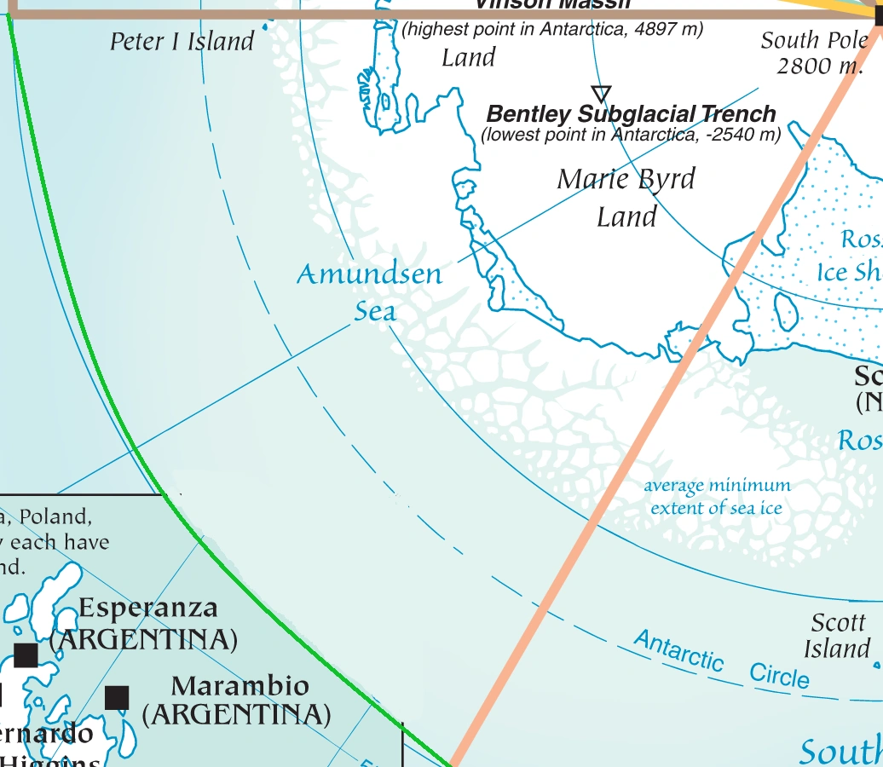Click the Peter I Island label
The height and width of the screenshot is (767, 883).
tap(182, 41)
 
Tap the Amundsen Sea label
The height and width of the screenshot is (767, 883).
tap(371, 291)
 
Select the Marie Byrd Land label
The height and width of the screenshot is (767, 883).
tap(626, 198)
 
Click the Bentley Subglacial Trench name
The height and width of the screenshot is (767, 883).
tap(631, 114)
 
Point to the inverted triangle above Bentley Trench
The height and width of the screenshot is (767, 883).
tap(601, 93)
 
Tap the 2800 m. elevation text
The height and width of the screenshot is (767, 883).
tap(819, 66)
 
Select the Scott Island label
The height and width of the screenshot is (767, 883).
tap(838, 636)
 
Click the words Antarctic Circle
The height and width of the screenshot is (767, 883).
tap(721, 660)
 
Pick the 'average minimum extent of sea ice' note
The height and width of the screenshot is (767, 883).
tap(717, 497)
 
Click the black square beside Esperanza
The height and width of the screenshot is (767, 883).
tap(26, 655)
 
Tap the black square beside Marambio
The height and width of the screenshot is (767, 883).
tap(117, 698)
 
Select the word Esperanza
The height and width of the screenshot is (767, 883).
tap(148, 608)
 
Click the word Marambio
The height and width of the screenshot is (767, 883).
tap(240, 686)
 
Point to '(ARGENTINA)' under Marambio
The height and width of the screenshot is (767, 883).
tap(236, 714)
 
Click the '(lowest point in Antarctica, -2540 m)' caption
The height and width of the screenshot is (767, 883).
tap(631, 135)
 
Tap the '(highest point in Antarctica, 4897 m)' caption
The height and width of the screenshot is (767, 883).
tap(552, 29)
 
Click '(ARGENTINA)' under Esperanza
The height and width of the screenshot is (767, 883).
tap(143, 638)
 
